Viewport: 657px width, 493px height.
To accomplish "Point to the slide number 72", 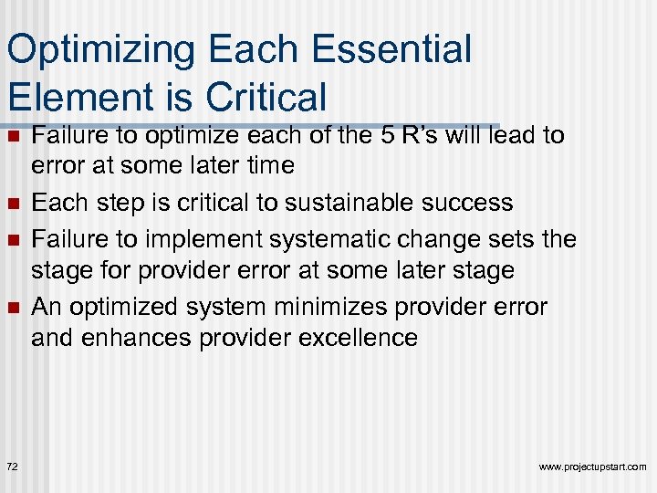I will [x=12, y=467].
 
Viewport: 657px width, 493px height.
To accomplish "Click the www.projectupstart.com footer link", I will [x=592, y=467].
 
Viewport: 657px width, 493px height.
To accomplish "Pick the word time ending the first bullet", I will [x=269, y=166].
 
